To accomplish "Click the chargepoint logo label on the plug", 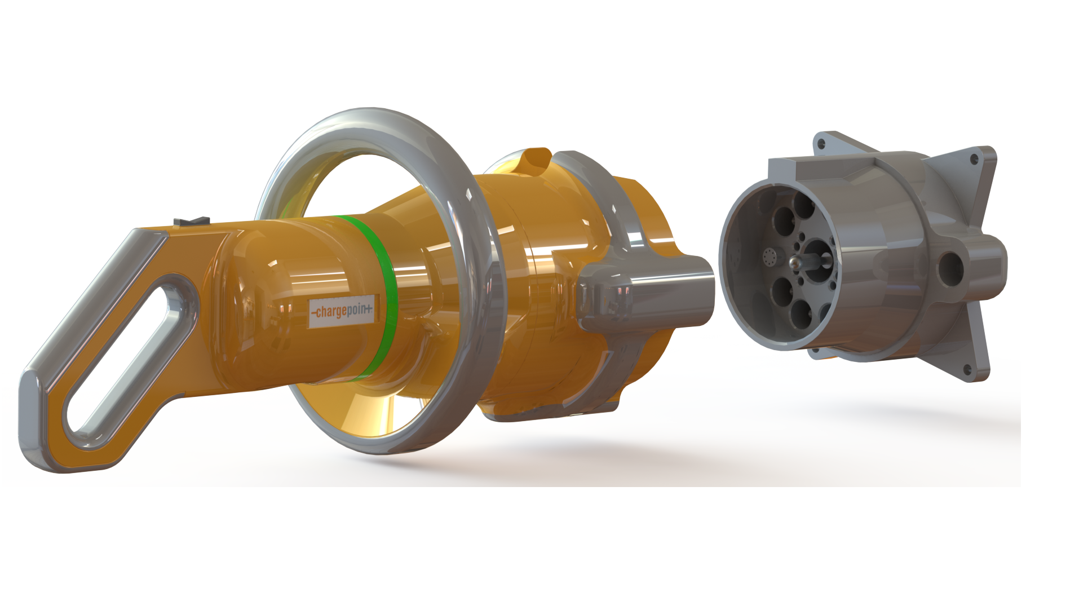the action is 342,311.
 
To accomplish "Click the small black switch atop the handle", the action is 192,220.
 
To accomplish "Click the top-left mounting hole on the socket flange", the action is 821,145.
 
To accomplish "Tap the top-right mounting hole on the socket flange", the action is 974,159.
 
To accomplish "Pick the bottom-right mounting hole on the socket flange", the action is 967,370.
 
